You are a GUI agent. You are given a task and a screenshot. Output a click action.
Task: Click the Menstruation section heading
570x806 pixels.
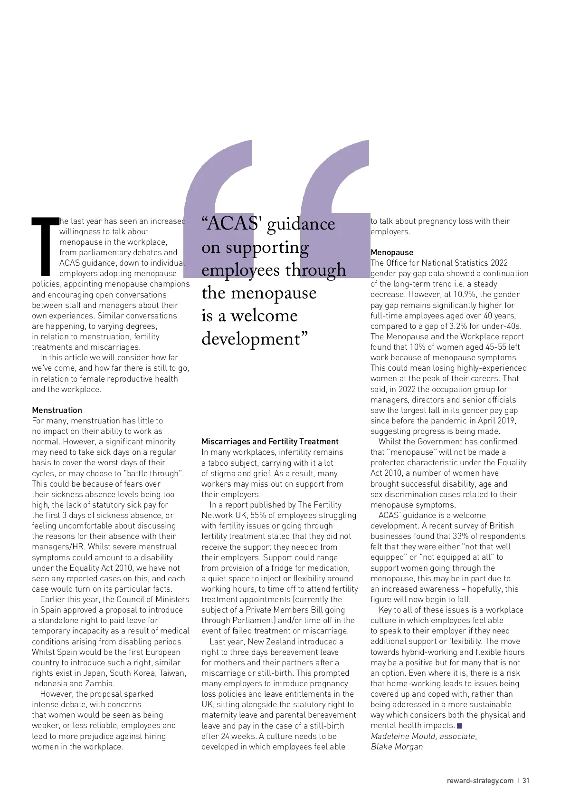pos(57,410)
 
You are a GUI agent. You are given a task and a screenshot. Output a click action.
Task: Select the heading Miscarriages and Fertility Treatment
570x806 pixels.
pos(270,441)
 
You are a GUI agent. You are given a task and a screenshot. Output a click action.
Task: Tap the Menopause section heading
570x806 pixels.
pos(392,252)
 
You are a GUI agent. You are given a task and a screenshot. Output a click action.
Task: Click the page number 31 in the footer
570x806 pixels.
pos(526,780)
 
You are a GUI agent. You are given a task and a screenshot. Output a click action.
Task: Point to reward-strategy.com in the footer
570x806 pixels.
pos(480,780)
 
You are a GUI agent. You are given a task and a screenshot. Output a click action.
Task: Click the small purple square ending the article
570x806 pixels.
pos(459,726)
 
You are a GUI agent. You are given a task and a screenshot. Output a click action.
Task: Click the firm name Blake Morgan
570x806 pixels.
pos(397,747)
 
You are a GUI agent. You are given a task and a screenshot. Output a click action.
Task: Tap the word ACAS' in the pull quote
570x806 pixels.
pos(232,223)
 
